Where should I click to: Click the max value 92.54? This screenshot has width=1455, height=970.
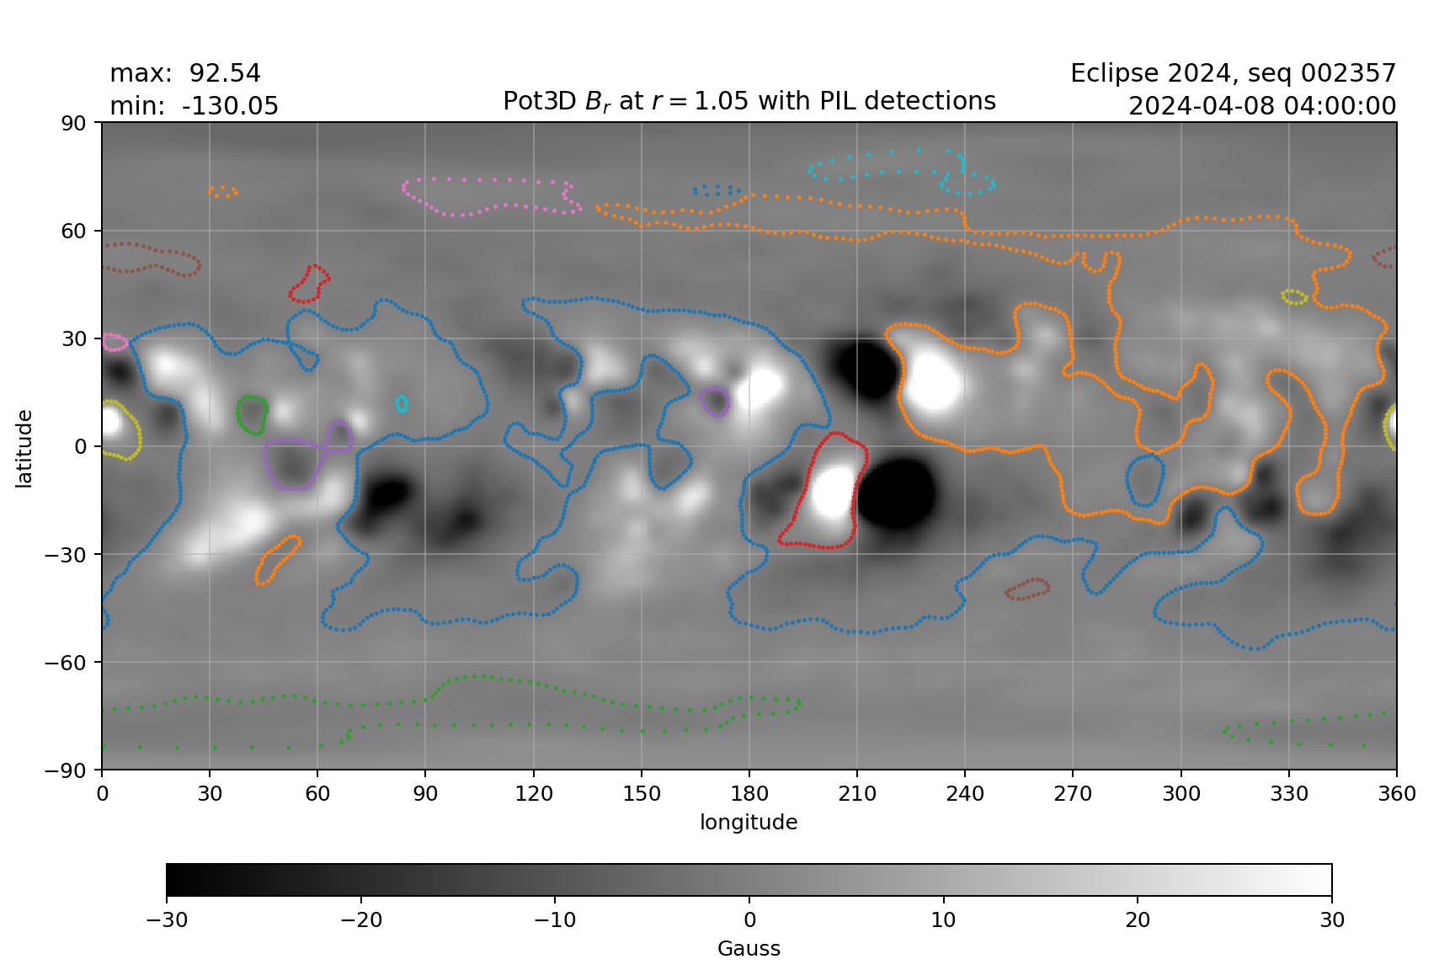click(x=225, y=73)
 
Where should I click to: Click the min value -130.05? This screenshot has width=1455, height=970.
click(x=230, y=106)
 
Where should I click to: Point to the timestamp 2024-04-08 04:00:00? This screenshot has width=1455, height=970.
click(x=1261, y=106)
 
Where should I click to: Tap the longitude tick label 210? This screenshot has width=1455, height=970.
click(x=856, y=793)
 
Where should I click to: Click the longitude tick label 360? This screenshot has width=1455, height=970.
click(x=1396, y=793)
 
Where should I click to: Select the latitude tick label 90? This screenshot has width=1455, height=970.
click(x=74, y=123)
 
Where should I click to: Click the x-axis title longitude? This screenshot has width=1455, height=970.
click(x=749, y=822)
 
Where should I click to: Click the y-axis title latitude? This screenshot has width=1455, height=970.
click(x=24, y=448)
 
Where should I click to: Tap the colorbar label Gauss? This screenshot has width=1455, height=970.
click(x=749, y=949)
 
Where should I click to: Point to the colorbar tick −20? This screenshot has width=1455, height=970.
click(x=360, y=919)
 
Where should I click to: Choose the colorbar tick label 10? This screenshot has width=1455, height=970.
click(x=943, y=919)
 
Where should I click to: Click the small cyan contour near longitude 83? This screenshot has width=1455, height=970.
click(x=402, y=404)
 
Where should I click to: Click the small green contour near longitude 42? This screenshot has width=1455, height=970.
click(x=252, y=414)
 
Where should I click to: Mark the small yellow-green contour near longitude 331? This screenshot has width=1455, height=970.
click(x=1294, y=296)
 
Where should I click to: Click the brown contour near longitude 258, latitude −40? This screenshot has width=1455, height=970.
click(x=1028, y=589)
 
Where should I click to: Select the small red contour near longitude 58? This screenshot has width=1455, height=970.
click(x=309, y=284)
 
